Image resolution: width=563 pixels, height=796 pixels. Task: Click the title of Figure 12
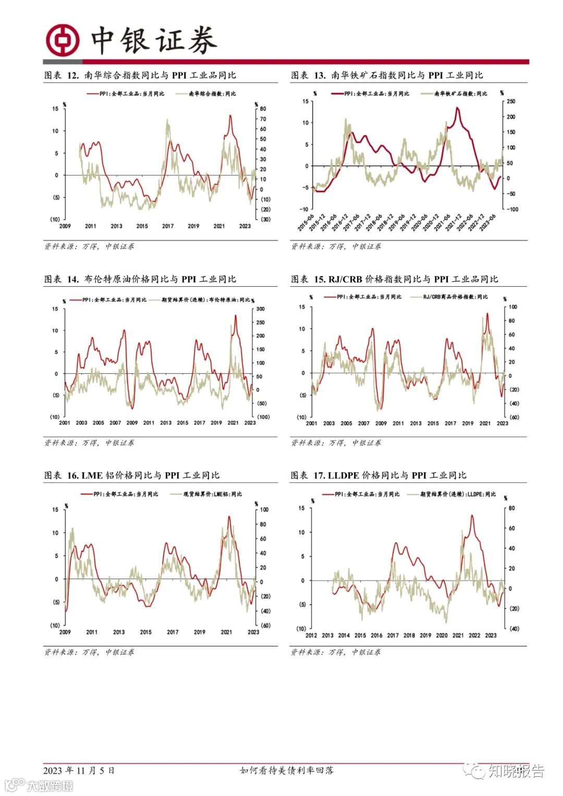(140, 76)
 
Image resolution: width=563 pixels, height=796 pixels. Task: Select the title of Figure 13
(387, 76)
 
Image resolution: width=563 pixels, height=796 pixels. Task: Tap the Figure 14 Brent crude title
(140, 279)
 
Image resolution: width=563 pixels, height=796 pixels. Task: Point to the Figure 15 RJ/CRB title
(394, 279)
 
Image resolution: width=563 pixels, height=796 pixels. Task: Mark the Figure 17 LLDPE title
(378, 475)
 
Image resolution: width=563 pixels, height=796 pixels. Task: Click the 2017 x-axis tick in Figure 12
(168, 226)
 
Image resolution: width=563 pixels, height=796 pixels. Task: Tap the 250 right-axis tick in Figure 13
(510, 102)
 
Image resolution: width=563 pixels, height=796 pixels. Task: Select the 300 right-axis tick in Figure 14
(260, 309)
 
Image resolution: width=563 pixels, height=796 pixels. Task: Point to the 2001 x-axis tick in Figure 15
(312, 423)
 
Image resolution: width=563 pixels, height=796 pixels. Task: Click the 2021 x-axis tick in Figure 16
(226, 632)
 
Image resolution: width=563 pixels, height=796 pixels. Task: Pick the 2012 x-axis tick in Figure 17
(311, 635)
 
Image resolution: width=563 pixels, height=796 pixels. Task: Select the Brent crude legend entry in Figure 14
(206, 300)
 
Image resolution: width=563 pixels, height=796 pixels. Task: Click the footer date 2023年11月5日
(79, 770)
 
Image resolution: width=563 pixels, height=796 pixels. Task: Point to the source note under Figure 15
(336, 443)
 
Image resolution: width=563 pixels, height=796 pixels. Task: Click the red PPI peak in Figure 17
(472, 516)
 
